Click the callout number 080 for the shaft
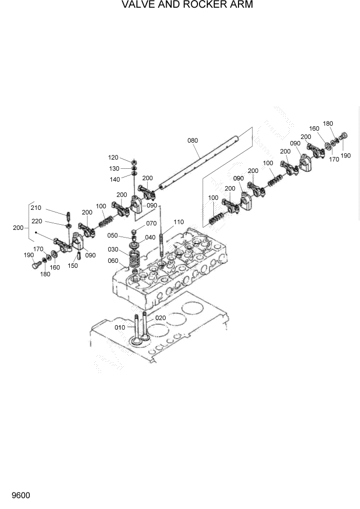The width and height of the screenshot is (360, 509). pos(192,140)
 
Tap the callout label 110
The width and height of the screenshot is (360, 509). pos(178,222)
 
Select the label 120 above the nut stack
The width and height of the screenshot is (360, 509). pos(113,158)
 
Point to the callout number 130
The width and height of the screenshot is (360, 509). pos(113,168)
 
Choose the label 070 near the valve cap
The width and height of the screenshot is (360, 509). pos(151,224)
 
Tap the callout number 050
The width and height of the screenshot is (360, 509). pos(113,236)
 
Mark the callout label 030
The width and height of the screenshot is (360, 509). pos(113,249)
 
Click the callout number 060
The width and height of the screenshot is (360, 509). pos(113,261)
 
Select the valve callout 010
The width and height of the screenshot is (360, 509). pos(119,327)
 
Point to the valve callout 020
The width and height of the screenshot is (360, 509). pos(161,318)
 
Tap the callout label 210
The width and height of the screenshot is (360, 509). pos(35,208)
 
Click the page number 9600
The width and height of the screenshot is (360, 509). pos(17,496)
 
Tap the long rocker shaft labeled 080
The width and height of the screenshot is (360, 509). pos(205,160)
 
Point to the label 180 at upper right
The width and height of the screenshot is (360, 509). pos(328,124)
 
